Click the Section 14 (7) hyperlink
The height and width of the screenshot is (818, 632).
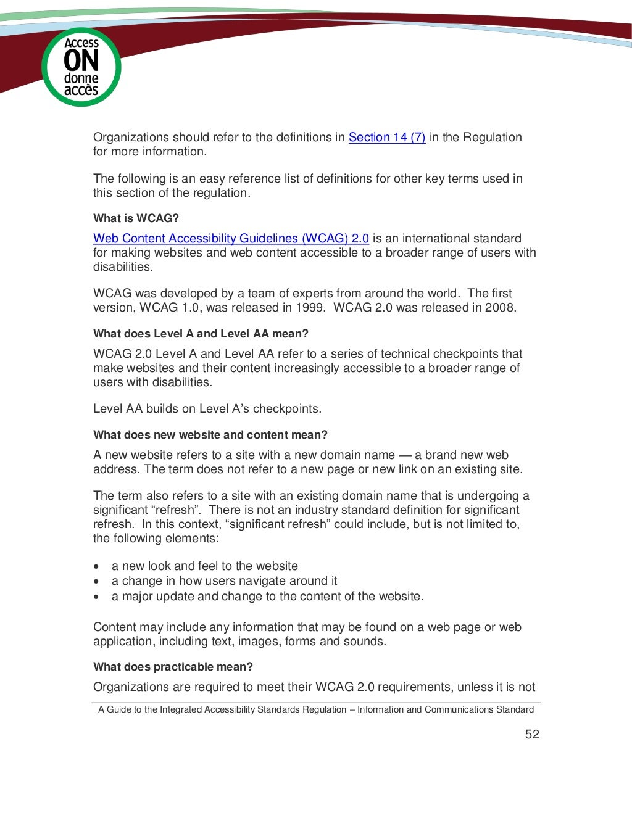pyautogui.click(x=387, y=137)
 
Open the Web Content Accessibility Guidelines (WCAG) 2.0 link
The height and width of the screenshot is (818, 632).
pyautogui.click(x=231, y=238)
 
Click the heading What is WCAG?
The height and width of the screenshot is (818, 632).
pyautogui.click(x=136, y=218)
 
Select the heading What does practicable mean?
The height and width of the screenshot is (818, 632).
pyautogui.click(x=173, y=666)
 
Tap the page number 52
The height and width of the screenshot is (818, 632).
pyautogui.click(x=532, y=733)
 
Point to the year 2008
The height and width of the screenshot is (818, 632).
pyautogui.click(x=499, y=307)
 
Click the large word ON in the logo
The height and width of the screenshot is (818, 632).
pyautogui.click(x=81, y=62)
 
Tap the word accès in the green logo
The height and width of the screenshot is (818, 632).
pyautogui.click(x=81, y=90)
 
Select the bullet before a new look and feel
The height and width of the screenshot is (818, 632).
pyautogui.click(x=96, y=566)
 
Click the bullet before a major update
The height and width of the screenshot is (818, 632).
pyautogui.click(x=96, y=597)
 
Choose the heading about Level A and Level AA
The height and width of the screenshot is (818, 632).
pyautogui.click(x=201, y=333)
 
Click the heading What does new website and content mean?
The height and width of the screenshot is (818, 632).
pyautogui.click(x=210, y=434)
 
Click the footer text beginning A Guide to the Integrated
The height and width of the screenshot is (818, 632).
pyautogui.click(x=316, y=709)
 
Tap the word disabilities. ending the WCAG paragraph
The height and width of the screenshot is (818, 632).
pyautogui.click(x=123, y=266)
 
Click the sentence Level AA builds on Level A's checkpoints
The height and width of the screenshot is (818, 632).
pyautogui.click(x=207, y=408)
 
